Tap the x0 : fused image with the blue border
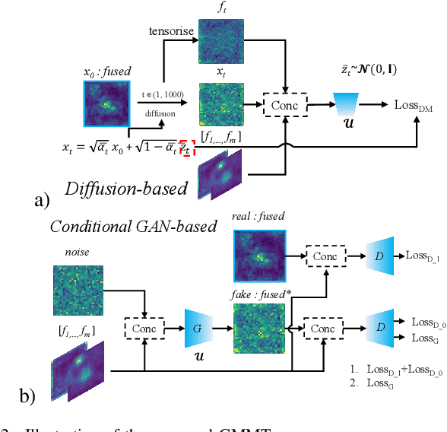coord(107,103)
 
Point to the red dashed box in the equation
coord(186,148)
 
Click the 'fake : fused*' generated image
coord(259,329)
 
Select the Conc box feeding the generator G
coord(144,329)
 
